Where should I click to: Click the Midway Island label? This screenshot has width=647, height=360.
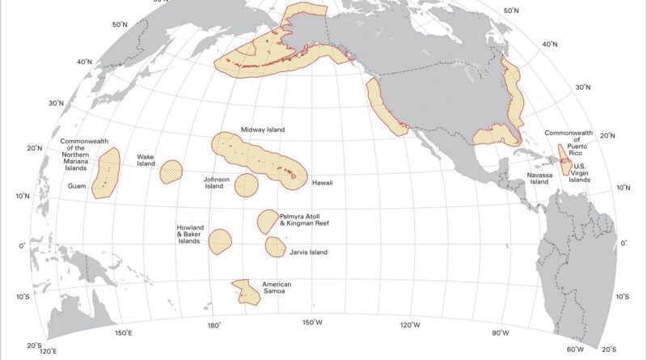[x=263, y=129]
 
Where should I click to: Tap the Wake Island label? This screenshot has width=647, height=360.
[x=145, y=159]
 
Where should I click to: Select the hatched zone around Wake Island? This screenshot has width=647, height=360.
[x=171, y=172]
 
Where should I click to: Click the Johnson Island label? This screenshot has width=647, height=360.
[x=218, y=181]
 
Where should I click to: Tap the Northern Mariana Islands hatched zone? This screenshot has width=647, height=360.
[x=106, y=172]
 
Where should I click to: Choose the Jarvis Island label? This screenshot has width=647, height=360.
[x=307, y=252]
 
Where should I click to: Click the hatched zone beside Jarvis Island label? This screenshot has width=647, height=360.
[x=275, y=245]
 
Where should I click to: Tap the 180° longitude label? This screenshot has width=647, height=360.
[x=214, y=325]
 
